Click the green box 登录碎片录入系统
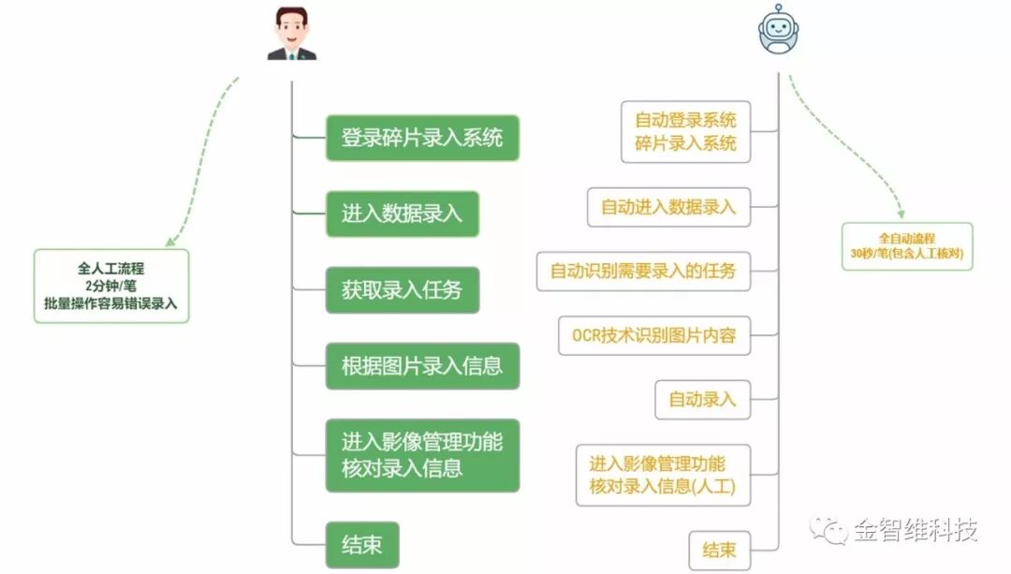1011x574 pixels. [422, 138]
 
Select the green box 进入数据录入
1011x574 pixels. [402, 213]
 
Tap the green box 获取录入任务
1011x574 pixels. [402, 289]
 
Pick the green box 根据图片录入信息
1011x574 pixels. [422, 365]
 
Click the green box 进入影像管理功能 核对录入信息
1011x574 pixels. [422, 455]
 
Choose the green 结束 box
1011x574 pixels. [361, 545]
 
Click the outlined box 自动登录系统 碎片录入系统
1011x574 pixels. [685, 132]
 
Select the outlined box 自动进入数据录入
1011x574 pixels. [668, 207]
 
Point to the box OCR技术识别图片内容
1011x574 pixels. [653, 335]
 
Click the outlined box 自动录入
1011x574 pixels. [702, 400]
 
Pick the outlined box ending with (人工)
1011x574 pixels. [663, 475]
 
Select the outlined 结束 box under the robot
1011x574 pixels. [719, 550]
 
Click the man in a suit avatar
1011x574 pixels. [292, 35]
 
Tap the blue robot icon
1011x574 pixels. [779, 30]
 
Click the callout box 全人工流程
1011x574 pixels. [111, 286]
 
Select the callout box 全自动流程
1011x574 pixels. [906, 246]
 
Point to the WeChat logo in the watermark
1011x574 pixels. [828, 530]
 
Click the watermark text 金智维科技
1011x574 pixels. [915, 531]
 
